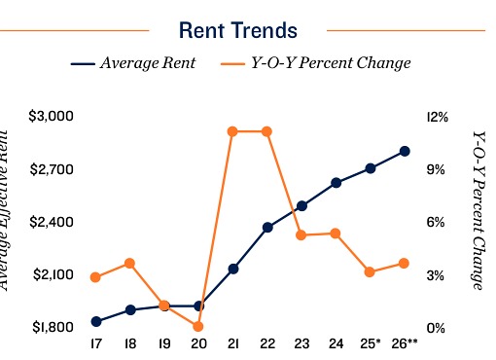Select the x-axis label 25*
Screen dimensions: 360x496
coord(371,343)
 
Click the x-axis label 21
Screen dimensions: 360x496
coord(232,343)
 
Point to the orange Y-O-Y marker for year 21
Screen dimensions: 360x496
coord(232,131)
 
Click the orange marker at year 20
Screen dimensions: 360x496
coord(198,326)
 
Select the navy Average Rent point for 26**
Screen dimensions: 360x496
coord(405,151)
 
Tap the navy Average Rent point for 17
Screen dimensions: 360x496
coord(95,321)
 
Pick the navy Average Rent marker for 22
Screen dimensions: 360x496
coord(266,227)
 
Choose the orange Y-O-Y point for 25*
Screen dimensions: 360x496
coord(371,272)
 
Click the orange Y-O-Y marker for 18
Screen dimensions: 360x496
coord(129,264)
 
